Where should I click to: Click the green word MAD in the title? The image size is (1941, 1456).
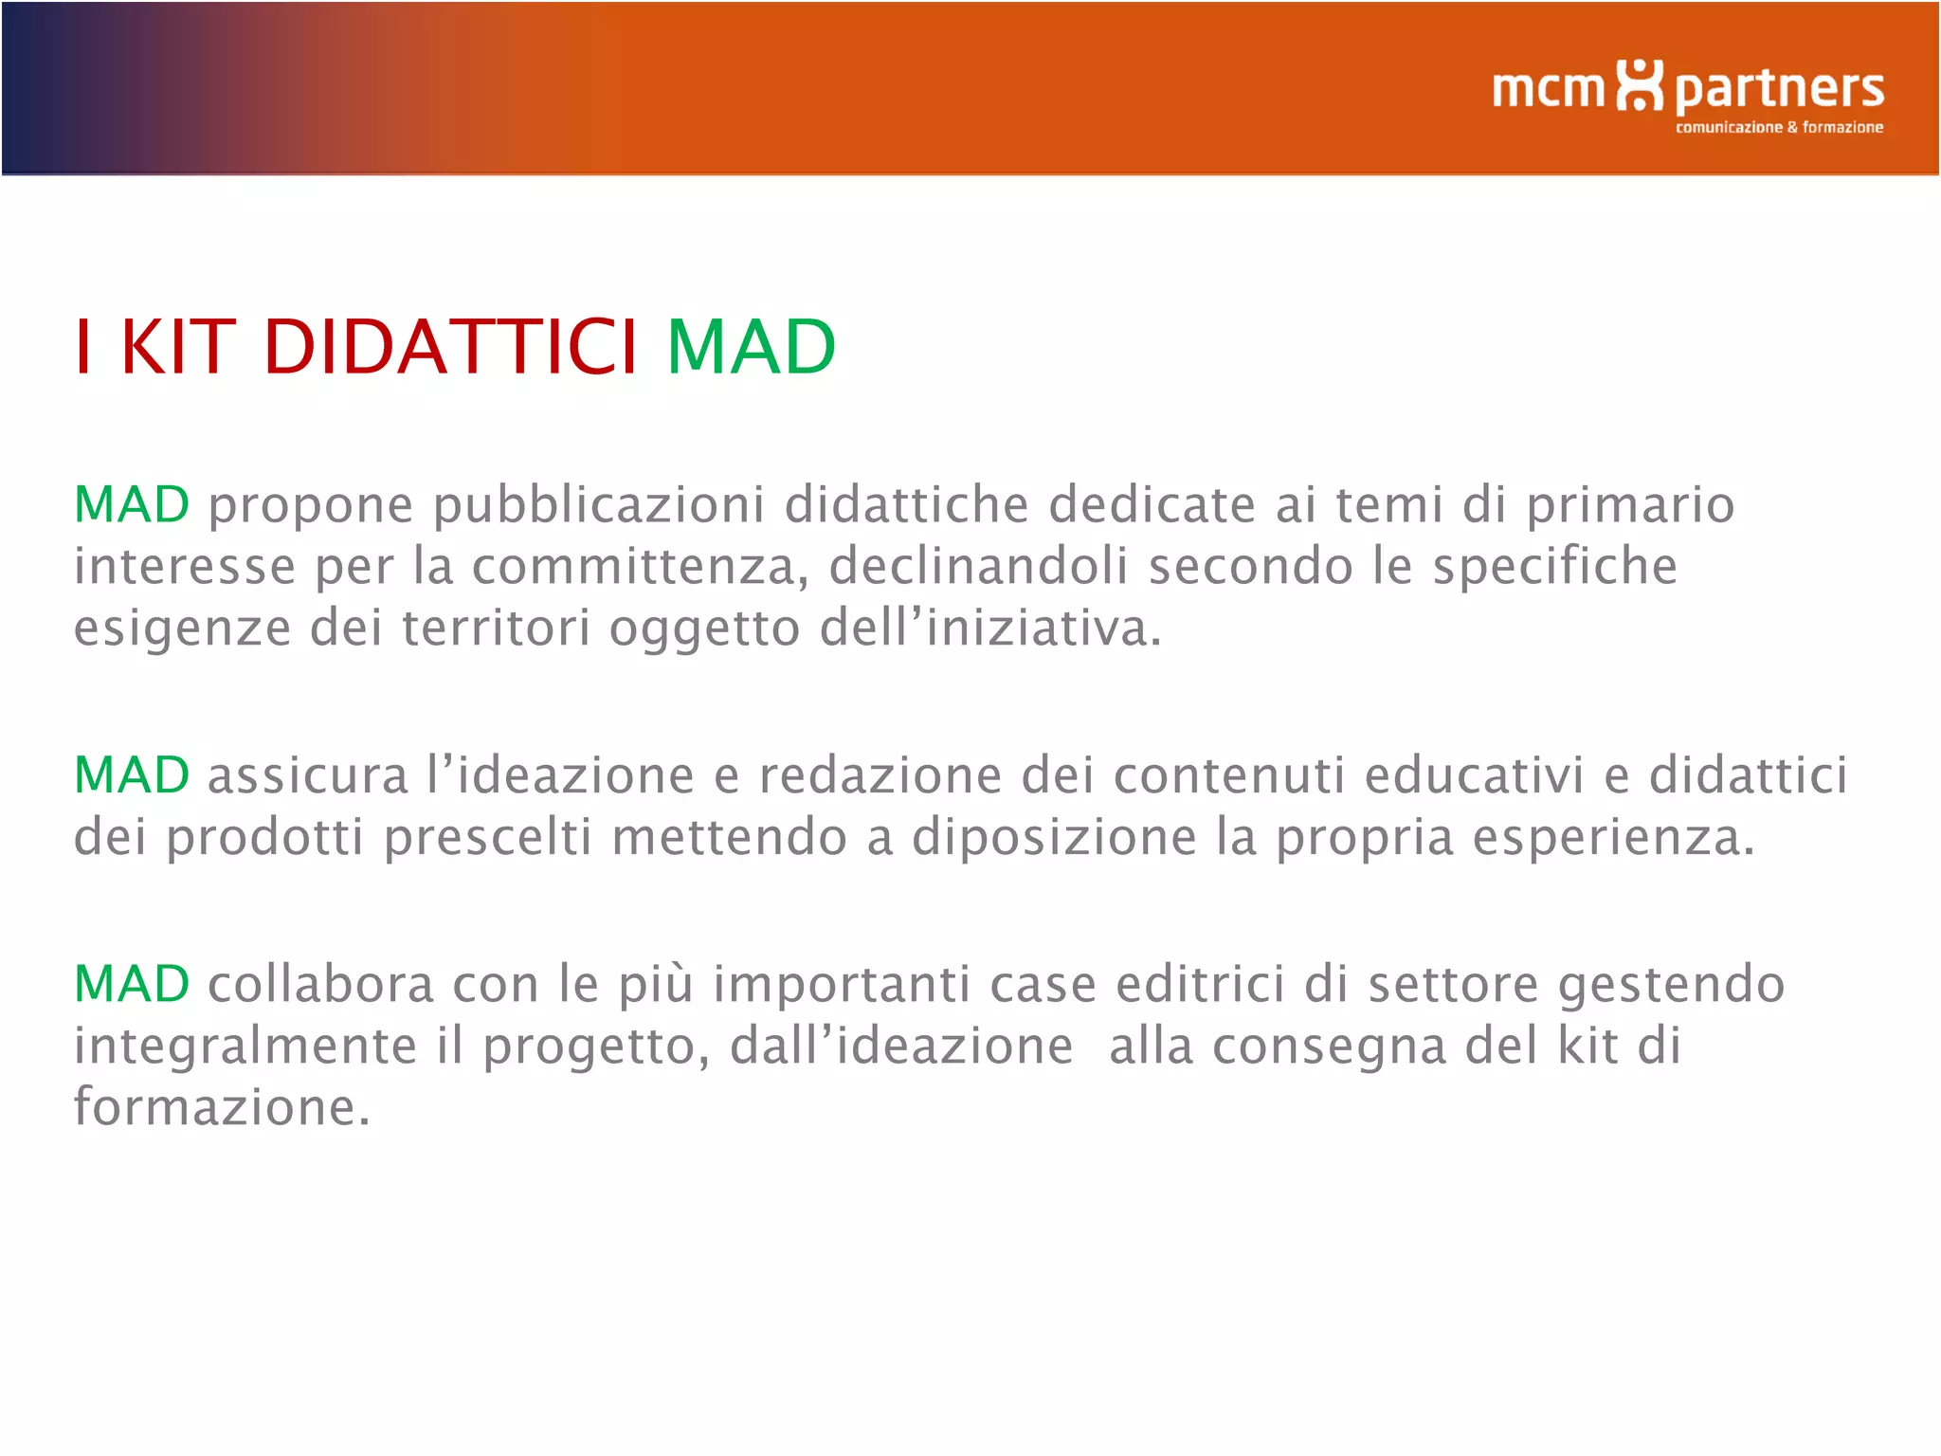(x=751, y=347)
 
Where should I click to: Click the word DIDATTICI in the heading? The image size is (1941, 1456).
(x=450, y=347)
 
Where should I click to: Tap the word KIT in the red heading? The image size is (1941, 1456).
(x=177, y=347)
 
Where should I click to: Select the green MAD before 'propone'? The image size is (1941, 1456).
(x=132, y=504)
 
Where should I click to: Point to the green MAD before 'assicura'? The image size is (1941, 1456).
(x=132, y=775)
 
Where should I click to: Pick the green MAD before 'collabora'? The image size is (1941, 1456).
(x=132, y=984)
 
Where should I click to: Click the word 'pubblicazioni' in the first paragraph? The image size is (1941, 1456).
(x=598, y=506)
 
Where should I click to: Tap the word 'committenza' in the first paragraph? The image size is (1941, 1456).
(x=640, y=567)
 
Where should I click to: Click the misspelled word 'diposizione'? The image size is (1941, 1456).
(x=1054, y=839)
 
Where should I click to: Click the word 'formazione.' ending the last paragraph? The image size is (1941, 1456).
(x=222, y=1107)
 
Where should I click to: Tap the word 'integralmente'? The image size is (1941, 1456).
(x=245, y=1047)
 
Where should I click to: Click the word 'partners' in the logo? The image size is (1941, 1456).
(x=1779, y=90)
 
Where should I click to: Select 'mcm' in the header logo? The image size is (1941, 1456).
(x=1548, y=89)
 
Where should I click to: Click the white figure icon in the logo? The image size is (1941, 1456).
(x=1639, y=85)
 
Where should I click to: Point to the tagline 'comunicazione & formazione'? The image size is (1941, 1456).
(x=1779, y=127)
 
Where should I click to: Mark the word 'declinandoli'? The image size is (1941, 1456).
(x=978, y=567)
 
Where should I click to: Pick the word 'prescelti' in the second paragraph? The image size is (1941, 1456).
(x=487, y=839)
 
